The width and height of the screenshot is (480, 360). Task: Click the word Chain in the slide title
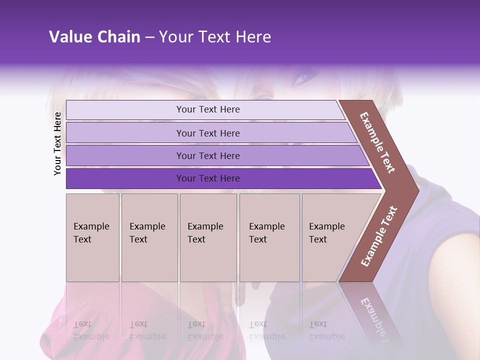(x=119, y=37)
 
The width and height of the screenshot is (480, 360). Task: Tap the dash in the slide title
(x=149, y=37)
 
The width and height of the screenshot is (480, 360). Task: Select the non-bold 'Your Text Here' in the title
(x=215, y=37)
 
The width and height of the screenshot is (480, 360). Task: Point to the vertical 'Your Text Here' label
(x=57, y=143)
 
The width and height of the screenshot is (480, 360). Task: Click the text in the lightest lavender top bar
(x=208, y=109)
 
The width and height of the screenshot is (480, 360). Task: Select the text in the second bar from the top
(x=208, y=133)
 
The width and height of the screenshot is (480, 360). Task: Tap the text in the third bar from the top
(x=208, y=155)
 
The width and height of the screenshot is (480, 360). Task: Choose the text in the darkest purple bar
(x=208, y=178)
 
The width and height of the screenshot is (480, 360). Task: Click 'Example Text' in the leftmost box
(x=91, y=232)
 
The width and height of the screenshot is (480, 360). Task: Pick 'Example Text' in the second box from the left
(x=147, y=232)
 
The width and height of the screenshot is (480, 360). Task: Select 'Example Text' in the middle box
(x=205, y=232)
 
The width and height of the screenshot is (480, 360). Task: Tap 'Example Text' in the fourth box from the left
(x=266, y=232)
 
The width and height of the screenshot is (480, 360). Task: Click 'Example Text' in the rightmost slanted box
(x=326, y=232)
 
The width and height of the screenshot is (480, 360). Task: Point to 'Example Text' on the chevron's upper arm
(x=377, y=142)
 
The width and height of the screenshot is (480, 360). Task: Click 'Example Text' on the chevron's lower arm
(x=379, y=236)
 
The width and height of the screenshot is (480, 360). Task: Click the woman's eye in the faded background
(x=303, y=77)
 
